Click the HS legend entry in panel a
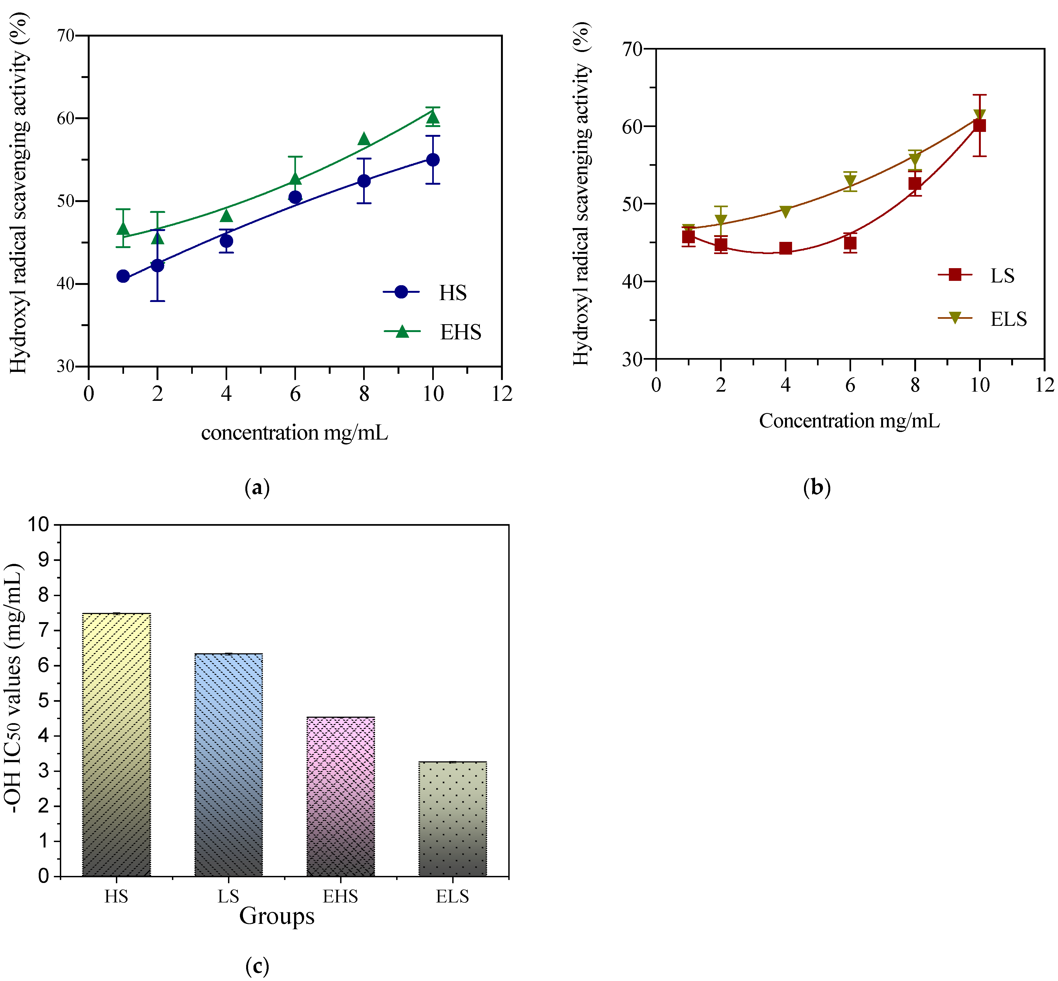click(425, 293)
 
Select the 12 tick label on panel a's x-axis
click(502, 394)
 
